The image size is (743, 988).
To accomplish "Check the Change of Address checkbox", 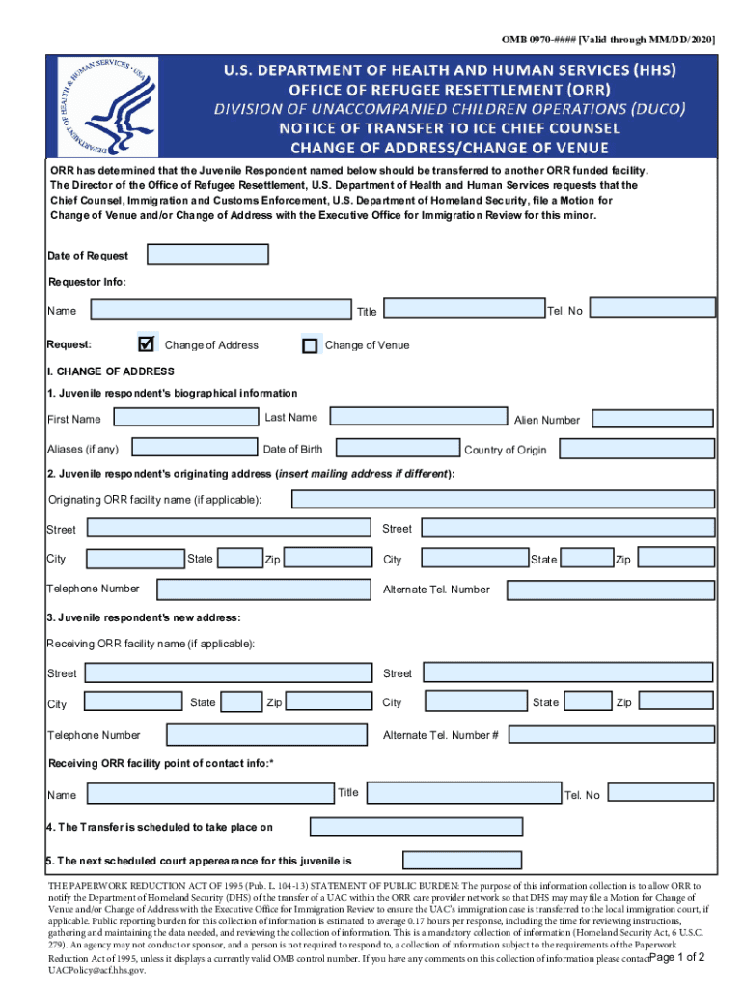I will click(147, 344).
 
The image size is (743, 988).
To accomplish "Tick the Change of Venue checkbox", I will click(310, 345).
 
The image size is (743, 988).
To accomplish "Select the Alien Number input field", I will click(653, 419).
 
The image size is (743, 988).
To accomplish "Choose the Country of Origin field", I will click(637, 449).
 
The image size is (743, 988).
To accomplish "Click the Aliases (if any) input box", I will click(192, 448).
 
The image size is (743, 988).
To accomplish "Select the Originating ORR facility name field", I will click(503, 499).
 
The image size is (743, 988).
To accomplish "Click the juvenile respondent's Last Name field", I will click(418, 417).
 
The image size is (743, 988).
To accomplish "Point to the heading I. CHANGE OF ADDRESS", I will click(111, 371).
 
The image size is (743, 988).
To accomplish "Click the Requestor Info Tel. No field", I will click(652, 307).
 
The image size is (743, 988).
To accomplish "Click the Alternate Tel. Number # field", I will click(611, 734).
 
